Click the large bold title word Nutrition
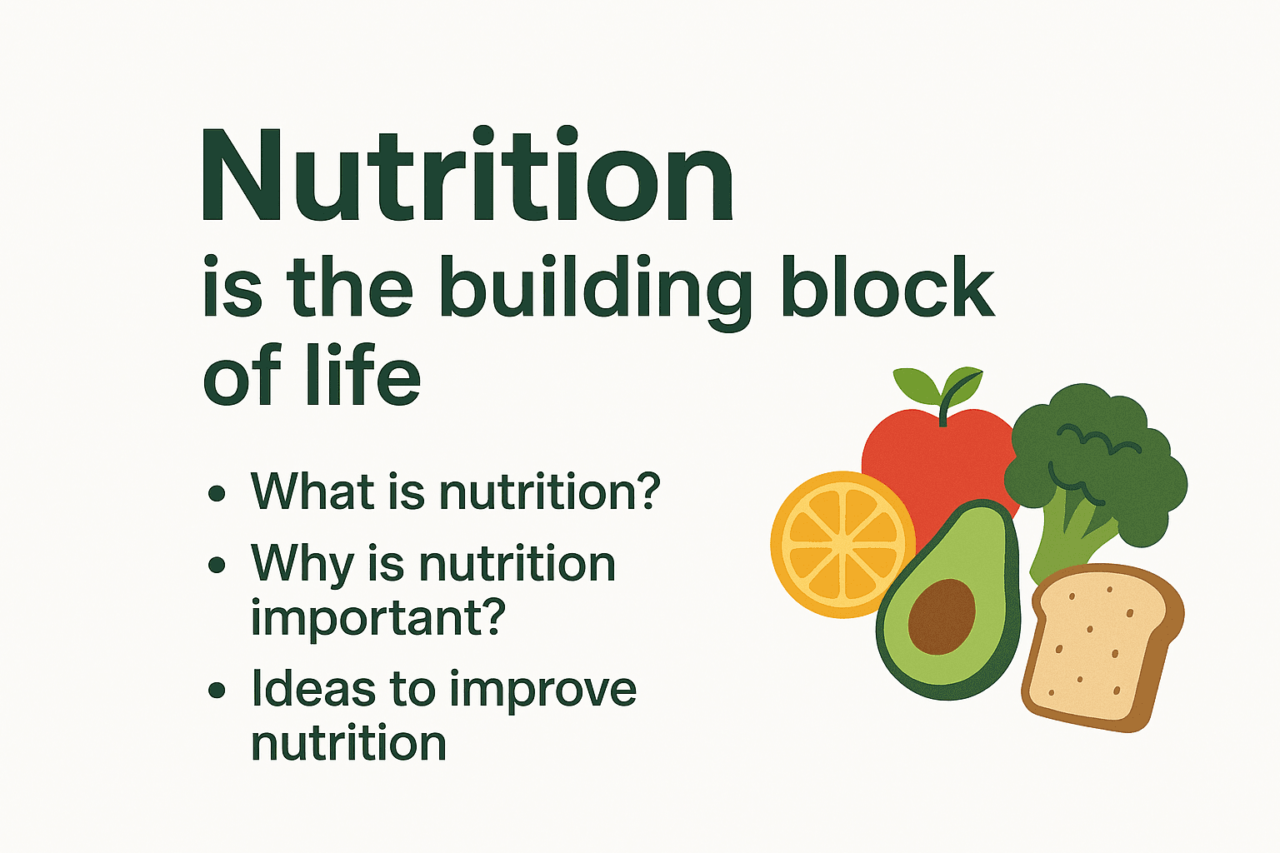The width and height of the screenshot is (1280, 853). [467, 174]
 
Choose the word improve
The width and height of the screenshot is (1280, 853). [542, 691]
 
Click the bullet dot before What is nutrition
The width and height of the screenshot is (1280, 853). [217, 493]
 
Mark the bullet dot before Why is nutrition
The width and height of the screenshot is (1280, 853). [217, 565]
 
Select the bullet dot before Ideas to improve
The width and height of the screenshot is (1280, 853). [217, 691]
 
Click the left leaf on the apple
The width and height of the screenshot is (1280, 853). [916, 386]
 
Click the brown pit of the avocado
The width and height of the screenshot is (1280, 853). [941, 616]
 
